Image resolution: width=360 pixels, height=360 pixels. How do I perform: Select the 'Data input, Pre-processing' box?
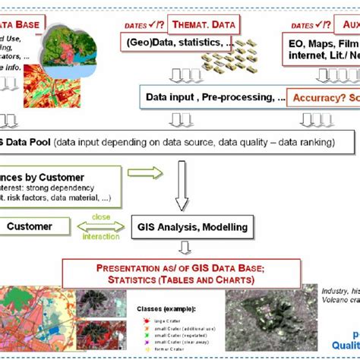(215, 97)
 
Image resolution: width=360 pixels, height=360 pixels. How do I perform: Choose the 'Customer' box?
(30, 226)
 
